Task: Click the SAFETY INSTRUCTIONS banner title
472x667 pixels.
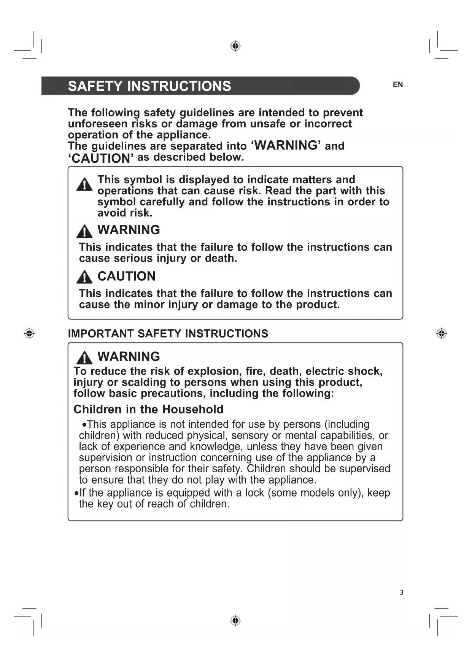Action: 149,86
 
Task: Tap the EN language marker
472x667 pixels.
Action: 398,84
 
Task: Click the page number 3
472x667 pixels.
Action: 401,592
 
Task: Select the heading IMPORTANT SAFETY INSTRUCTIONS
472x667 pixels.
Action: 168,333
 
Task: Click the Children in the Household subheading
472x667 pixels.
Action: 148,409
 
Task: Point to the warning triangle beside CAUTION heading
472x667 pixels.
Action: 84,277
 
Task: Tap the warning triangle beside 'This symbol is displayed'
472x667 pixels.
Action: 84,185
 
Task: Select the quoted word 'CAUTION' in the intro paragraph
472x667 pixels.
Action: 101,158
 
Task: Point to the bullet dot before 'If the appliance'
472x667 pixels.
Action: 76,493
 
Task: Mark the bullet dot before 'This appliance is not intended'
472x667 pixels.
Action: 84,425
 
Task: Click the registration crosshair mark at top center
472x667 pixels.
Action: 235,46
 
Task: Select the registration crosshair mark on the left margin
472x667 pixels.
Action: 29,333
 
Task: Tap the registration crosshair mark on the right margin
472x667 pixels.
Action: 441,333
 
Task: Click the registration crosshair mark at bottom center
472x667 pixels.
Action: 235,621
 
